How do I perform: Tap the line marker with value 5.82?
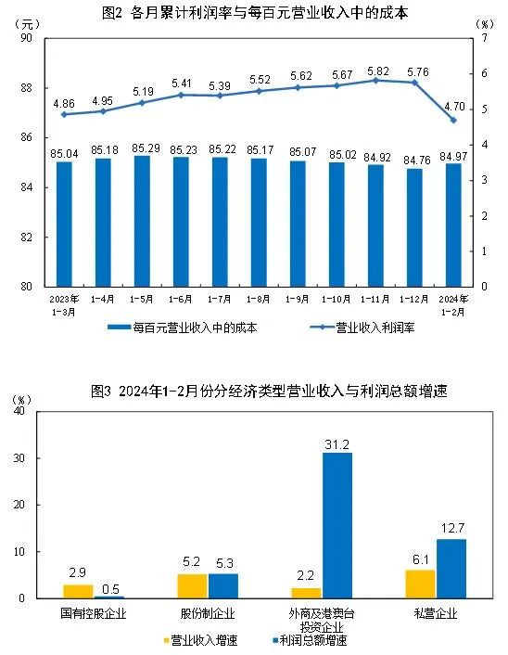(376, 81)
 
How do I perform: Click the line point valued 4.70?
(453, 120)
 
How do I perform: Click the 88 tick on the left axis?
(26, 88)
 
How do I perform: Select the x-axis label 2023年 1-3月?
(64, 304)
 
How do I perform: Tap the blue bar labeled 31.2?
(337, 525)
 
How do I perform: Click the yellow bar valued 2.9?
(78, 592)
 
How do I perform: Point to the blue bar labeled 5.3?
(222, 586)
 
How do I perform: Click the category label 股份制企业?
(208, 613)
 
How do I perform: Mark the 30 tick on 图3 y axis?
(32, 458)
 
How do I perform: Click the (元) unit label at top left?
(28, 22)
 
